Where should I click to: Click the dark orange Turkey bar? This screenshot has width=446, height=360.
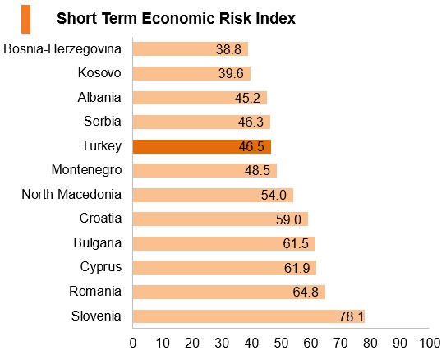(202, 146)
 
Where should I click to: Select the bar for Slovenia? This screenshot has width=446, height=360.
(249, 316)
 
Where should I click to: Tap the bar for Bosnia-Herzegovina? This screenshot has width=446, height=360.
(191, 49)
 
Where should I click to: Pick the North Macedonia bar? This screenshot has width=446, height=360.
(213, 195)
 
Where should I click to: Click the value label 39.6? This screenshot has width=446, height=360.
(231, 73)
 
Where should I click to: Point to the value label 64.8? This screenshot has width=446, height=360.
(306, 292)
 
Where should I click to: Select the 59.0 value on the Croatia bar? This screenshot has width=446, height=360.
(288, 219)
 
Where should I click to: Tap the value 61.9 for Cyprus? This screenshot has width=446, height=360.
(297, 268)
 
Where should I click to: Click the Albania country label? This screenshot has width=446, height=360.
(99, 97)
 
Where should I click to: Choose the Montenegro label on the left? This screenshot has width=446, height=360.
(86, 170)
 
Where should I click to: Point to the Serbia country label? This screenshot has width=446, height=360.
(103, 122)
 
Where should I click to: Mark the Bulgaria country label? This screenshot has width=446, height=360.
(98, 243)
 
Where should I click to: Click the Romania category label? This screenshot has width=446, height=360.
(95, 292)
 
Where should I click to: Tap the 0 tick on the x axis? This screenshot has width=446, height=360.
(133, 344)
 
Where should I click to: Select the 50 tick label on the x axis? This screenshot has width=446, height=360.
(281, 344)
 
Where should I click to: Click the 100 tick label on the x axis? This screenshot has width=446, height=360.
(430, 344)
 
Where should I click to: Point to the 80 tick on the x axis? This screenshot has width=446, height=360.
(370, 344)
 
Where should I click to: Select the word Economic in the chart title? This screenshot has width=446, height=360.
(178, 19)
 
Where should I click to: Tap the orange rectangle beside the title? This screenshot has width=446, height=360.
(26, 19)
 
